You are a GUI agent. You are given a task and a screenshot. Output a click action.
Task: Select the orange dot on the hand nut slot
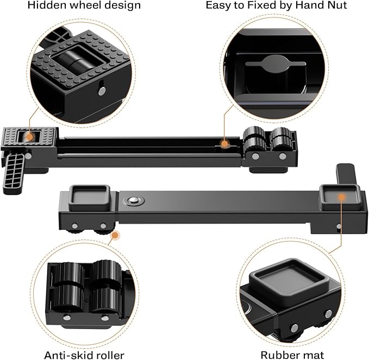pos(223,144)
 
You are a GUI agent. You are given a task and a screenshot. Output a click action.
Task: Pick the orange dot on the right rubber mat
pos(342,196)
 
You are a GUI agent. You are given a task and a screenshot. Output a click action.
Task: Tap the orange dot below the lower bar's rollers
pos(115,235)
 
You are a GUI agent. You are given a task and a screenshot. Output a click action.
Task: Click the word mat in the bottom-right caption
pos(314,355)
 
